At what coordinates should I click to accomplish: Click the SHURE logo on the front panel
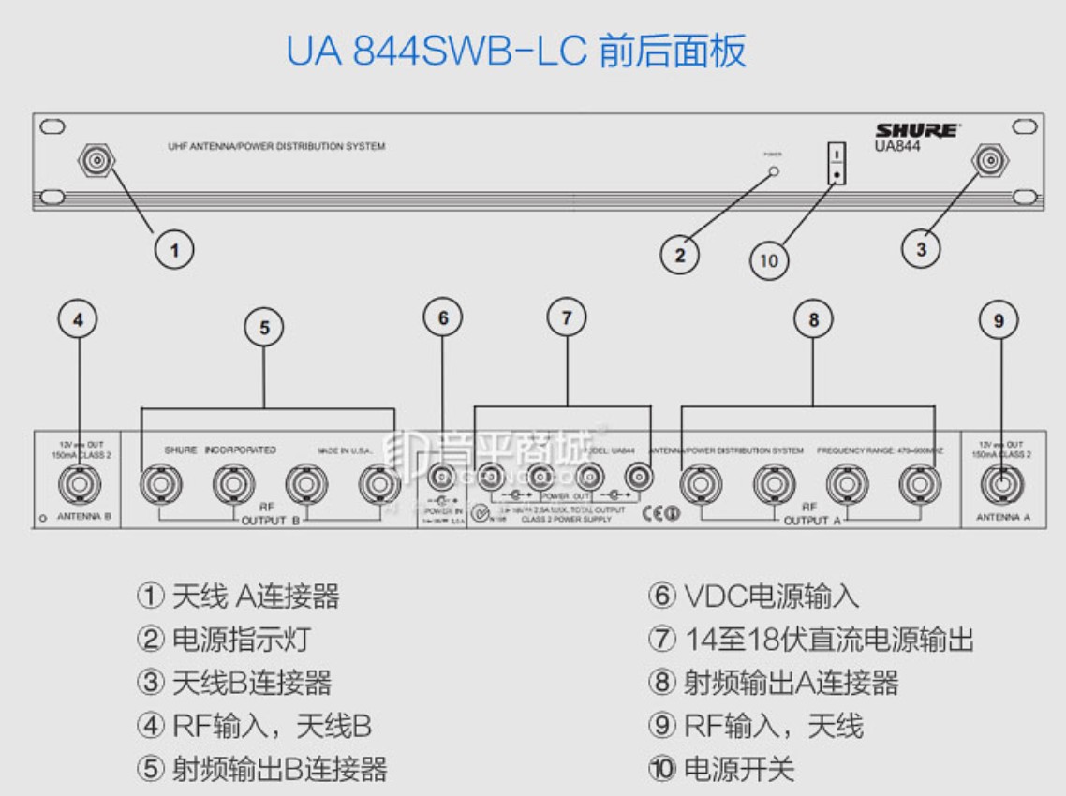916,131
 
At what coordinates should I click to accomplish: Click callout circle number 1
174,250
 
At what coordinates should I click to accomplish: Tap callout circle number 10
769,260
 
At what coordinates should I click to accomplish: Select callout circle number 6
443,318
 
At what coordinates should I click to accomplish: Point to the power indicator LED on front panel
774,171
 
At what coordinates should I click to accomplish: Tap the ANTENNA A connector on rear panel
1001,485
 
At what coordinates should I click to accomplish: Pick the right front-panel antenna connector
988,162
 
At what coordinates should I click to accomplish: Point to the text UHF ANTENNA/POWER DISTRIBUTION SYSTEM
270,147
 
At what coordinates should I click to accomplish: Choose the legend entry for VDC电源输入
753,597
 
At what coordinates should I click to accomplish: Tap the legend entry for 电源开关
721,769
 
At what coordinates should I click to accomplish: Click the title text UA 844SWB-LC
435,52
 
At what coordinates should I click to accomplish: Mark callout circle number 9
999,320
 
